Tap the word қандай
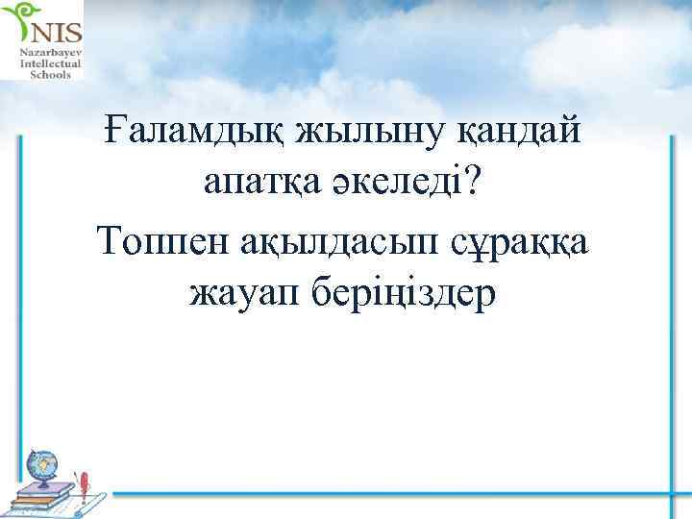515,129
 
